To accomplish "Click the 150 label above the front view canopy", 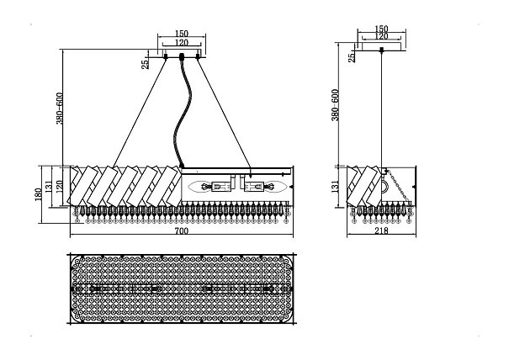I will click(x=182, y=34).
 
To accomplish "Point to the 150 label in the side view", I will click(x=382, y=29).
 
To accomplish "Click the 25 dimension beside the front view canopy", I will click(x=146, y=61).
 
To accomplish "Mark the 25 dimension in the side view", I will click(x=351, y=58).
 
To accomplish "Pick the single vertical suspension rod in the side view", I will click(x=383, y=109).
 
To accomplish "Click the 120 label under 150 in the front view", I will click(x=182, y=43).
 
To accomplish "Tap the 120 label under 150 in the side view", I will click(x=382, y=37).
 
